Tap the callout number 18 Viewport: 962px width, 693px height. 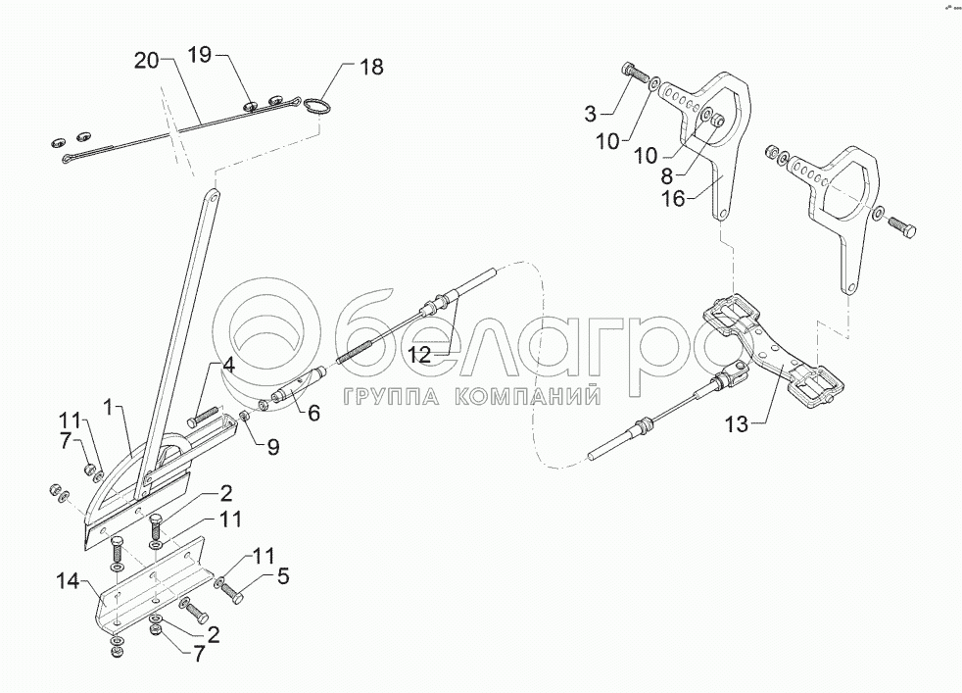coord(370,67)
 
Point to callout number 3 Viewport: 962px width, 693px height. coord(590,114)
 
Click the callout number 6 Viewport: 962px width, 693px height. coord(313,414)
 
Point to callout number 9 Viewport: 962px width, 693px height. coord(273,449)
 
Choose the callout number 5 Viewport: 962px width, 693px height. coord(283,577)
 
